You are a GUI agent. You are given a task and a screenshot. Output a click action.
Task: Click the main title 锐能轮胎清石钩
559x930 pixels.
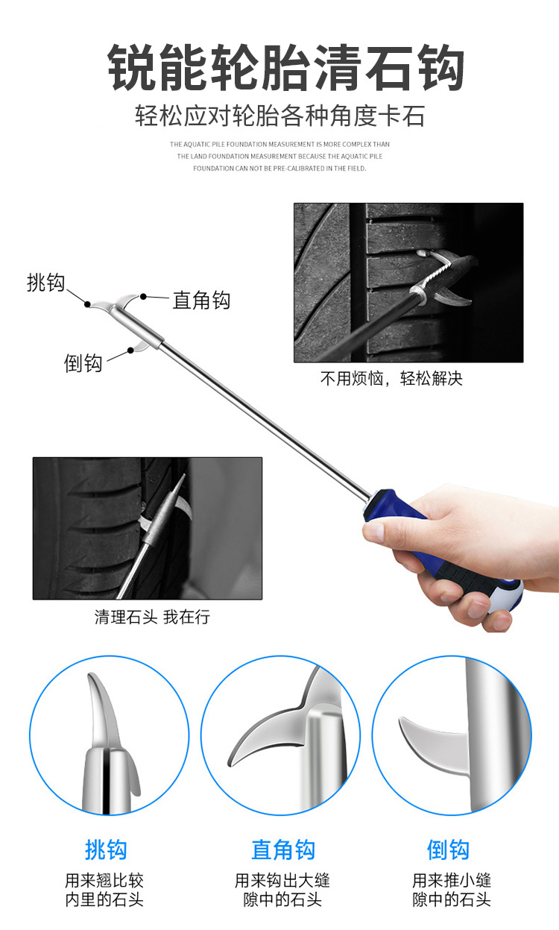285,67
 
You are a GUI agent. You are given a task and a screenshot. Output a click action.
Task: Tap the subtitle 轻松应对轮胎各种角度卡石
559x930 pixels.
279,116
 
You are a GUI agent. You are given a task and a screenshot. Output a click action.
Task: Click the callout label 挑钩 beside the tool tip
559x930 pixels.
46,283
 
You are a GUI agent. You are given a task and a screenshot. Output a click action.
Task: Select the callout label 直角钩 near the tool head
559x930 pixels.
201,300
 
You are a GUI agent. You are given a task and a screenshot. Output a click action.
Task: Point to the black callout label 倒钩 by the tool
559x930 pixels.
83,363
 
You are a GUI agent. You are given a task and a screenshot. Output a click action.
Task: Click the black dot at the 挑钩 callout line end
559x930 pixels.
87,304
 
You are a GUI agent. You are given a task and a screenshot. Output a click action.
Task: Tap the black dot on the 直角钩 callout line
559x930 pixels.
143,296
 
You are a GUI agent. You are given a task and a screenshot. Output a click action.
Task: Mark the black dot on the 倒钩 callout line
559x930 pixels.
130,351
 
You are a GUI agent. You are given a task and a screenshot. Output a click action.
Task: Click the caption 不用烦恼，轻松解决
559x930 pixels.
391,378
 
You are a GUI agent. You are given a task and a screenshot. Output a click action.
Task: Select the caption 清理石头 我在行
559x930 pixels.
152,617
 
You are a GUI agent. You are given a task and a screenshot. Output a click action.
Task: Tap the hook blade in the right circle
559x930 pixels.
432,743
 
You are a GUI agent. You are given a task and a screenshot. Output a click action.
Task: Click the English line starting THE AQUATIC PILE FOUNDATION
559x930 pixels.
279,145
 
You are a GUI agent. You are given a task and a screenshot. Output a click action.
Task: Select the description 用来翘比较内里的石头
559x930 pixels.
104,890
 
